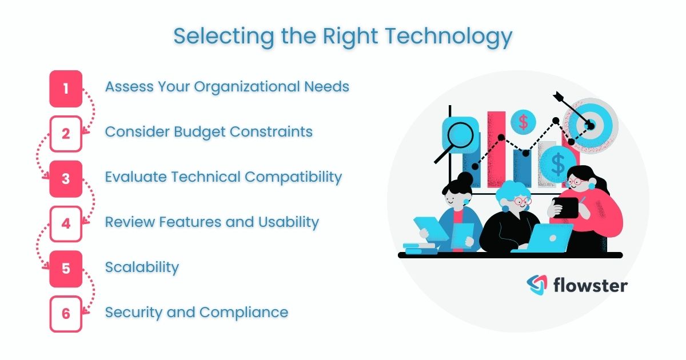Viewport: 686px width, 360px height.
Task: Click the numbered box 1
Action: click(66, 89)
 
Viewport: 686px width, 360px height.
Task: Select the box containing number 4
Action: click(66, 223)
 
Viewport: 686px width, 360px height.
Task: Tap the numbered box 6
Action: click(66, 314)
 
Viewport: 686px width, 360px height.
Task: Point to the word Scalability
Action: click(142, 267)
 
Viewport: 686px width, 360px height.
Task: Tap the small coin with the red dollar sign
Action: click(523, 121)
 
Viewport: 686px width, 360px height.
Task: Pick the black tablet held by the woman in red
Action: click(567, 207)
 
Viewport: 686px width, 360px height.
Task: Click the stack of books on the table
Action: click(420, 248)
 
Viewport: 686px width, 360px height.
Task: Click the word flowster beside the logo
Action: click(590, 285)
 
